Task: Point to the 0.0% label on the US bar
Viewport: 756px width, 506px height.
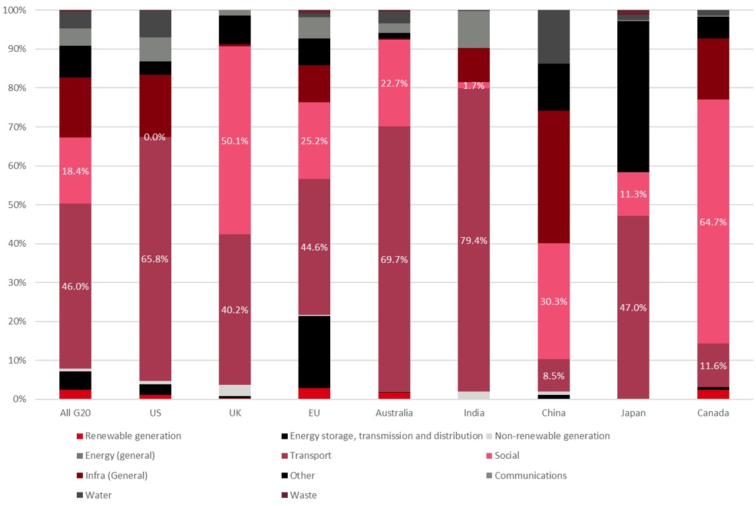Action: point(155,137)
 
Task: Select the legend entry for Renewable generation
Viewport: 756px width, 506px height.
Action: point(129,436)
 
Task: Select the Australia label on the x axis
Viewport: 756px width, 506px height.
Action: point(394,413)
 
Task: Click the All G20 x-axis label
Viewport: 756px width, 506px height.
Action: point(75,413)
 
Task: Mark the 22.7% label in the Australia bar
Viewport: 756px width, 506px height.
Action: point(394,84)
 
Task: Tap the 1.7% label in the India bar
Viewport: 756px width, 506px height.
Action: point(474,86)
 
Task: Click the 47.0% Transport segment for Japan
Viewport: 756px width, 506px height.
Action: point(633,307)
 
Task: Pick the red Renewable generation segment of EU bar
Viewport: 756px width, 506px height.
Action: point(315,393)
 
